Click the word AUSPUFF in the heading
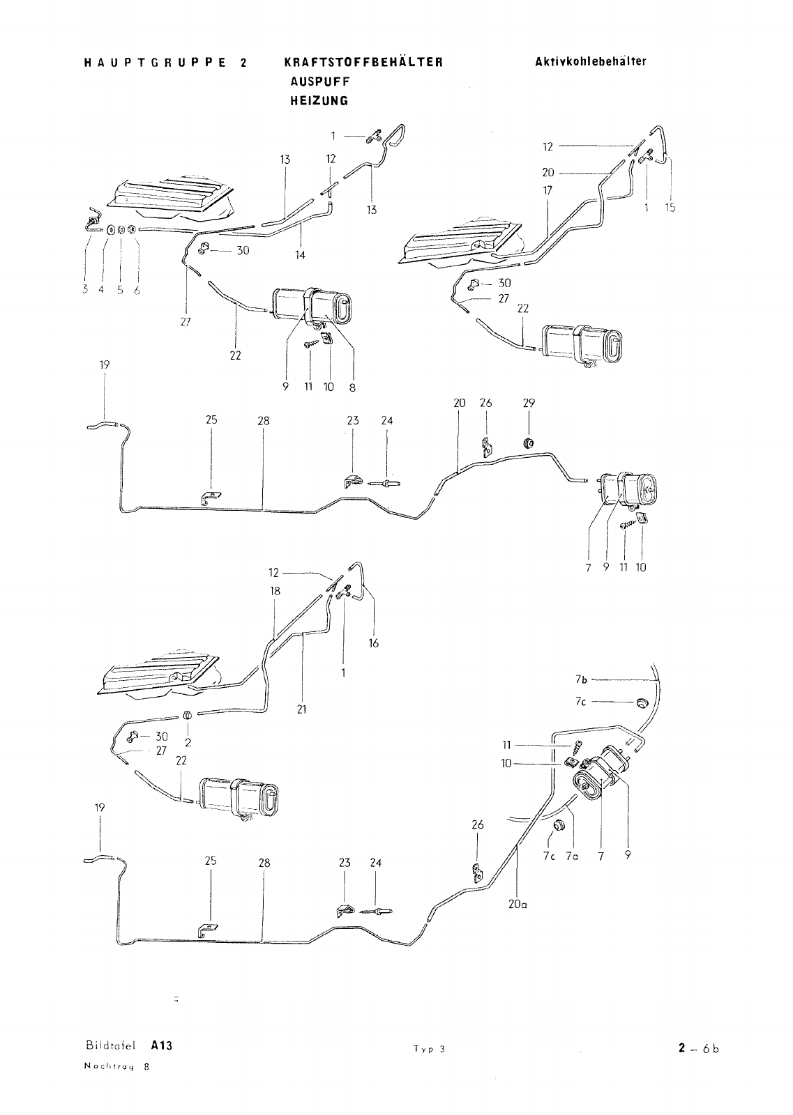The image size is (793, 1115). pos(320,81)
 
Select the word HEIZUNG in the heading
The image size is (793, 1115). pos(319,100)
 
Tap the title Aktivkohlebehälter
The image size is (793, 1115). pos(591,61)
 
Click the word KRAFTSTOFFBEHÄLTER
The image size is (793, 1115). pos(363,62)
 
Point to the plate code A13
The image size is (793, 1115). pos(162,1045)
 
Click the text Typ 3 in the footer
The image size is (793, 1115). pos(429,1049)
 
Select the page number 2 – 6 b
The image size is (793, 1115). pos(698,1048)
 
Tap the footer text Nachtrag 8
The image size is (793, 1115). pos(116,1066)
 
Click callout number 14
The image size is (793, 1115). pos(300,255)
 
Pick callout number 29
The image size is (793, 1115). pos(529,403)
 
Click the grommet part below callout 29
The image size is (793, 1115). pos(528,442)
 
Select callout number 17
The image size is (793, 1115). pos(547,190)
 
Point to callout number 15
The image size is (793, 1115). pos(670,208)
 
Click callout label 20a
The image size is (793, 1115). pos(518,904)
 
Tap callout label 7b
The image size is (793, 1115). pos(581,679)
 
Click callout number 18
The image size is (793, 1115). pos(275,591)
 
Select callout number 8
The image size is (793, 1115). pos(352,387)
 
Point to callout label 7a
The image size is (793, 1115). pos(572,856)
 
